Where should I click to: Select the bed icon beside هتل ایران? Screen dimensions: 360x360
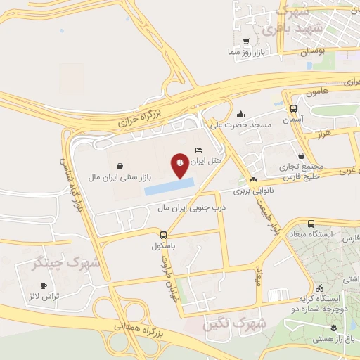[x=198, y=150]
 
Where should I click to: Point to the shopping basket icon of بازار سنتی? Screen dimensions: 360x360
[x=122, y=167]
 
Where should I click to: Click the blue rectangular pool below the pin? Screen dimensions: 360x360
[x=169, y=186]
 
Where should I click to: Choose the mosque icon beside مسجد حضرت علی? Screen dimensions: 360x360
[x=241, y=114]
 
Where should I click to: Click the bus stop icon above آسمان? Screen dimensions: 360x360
[x=293, y=108]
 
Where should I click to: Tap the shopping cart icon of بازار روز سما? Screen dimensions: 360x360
[x=246, y=41]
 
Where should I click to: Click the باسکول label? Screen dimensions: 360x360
[x=164, y=247]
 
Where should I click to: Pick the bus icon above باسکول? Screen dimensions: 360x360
[x=163, y=235]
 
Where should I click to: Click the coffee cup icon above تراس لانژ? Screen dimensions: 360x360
[x=44, y=285]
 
